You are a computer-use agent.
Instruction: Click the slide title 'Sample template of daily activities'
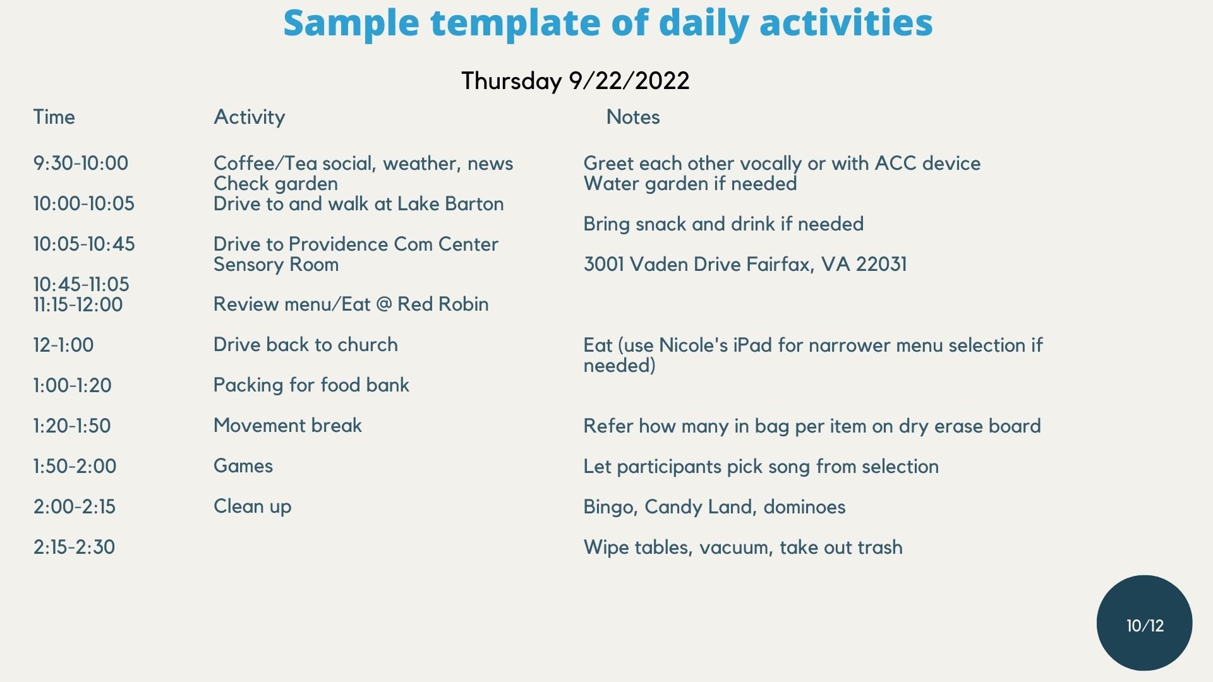(608, 23)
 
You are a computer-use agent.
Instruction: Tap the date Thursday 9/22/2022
(575, 81)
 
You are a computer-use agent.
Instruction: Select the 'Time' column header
(54, 117)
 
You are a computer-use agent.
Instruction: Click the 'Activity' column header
(250, 117)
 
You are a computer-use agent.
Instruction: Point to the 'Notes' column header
(633, 117)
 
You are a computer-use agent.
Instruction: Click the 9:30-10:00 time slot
(81, 163)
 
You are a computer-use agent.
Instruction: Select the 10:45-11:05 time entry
(81, 284)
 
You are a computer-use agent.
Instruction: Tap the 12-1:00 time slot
(63, 345)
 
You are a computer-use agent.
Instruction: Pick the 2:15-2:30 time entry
(75, 547)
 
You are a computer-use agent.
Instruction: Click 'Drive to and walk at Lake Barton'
(359, 203)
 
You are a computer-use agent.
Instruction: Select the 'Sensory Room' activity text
(276, 265)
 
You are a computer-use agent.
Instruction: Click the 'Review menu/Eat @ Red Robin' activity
(351, 304)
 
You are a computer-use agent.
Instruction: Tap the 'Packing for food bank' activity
(311, 385)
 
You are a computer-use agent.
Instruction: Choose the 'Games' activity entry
(243, 466)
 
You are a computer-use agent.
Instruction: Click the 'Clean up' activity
(253, 506)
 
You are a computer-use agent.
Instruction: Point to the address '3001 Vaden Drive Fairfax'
(701, 264)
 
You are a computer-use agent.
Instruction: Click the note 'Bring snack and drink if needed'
(723, 224)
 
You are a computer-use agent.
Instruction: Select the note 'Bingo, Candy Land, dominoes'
(715, 507)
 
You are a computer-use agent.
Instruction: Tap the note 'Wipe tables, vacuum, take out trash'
(743, 547)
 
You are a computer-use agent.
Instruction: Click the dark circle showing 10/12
(1145, 623)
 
